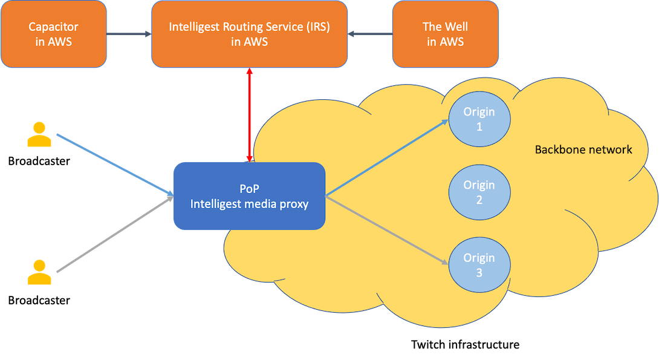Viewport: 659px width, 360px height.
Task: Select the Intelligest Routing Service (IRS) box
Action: [x=249, y=34]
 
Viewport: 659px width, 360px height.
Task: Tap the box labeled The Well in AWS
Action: [x=445, y=34]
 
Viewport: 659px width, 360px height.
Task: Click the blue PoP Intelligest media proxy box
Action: [x=249, y=195]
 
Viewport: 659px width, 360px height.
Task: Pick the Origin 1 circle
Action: [x=479, y=119]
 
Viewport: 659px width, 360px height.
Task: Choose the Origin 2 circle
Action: [x=479, y=192]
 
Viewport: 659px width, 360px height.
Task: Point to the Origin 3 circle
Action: [x=479, y=265]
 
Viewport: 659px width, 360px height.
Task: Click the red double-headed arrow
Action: [x=248, y=115]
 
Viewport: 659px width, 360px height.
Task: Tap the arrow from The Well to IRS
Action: [x=370, y=34]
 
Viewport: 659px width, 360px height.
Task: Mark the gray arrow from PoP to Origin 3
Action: [x=387, y=231]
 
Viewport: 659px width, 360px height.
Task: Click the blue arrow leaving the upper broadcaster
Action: [x=115, y=165]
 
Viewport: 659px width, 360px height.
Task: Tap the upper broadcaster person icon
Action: [x=39, y=135]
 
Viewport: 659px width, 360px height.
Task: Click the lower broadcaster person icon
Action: [x=39, y=273]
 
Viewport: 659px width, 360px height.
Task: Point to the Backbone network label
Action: [x=583, y=149]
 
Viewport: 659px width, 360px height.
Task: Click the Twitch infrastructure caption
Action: [x=465, y=345]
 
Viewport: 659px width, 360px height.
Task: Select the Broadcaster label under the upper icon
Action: [x=39, y=162]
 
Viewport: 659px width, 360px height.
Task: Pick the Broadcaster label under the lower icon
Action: [x=39, y=299]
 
